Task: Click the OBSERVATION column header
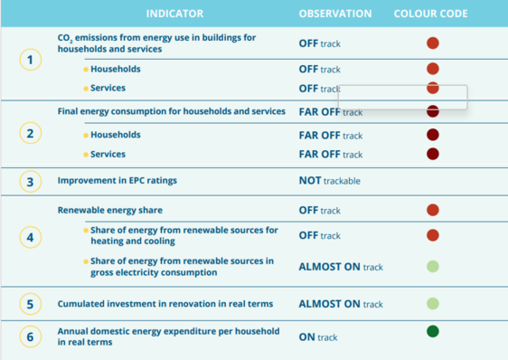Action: [334, 14]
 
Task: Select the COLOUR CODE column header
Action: [431, 14]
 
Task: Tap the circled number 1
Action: [31, 61]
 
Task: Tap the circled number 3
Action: [31, 181]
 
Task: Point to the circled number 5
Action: [31, 304]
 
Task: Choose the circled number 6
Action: [31, 336]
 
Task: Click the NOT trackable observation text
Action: [329, 181]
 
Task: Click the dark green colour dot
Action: [432, 332]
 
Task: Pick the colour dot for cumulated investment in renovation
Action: [432, 304]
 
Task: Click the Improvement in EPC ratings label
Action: [118, 181]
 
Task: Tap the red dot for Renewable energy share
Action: [432, 210]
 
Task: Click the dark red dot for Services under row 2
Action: [432, 154]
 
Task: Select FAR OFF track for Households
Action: [330, 135]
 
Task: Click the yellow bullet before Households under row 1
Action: [86, 70]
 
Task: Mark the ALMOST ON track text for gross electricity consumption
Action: [341, 267]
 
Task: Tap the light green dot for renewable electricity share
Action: [432, 266]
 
